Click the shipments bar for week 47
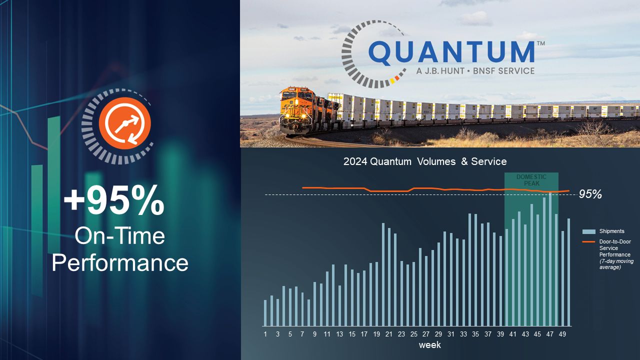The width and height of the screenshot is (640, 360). (550, 259)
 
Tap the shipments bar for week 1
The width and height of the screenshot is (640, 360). (265, 313)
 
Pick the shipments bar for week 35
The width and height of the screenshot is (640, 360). (475, 270)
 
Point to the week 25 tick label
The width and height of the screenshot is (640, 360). (413, 334)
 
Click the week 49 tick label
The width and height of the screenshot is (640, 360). (562, 334)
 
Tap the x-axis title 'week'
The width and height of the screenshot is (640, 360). (429, 345)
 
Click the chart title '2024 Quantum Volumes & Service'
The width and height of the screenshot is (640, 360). (425, 161)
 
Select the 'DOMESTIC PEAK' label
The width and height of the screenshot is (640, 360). (531, 180)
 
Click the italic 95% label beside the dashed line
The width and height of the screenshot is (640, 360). (590, 194)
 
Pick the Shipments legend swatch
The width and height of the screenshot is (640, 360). (589, 231)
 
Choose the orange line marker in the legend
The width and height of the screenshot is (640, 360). (588, 241)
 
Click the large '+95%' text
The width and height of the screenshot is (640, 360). (114, 199)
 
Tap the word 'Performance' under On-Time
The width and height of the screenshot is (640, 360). (120, 263)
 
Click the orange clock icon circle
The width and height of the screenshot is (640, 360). (125, 123)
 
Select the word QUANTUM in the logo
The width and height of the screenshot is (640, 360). (451, 51)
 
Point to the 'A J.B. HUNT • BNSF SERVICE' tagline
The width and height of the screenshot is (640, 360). (475, 70)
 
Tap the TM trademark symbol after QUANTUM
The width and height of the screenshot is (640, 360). (541, 43)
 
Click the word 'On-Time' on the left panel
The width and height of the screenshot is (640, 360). (119, 236)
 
